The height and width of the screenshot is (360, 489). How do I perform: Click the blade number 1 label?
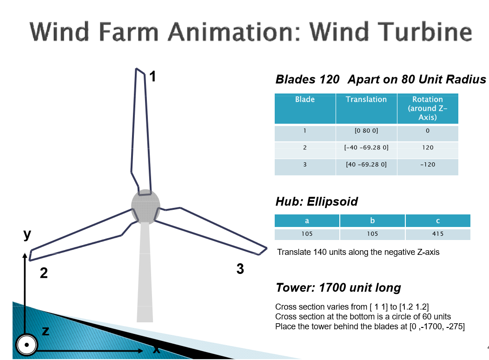(152, 76)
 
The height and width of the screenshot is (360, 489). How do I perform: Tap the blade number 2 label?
(44, 273)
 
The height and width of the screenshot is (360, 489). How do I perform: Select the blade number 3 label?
(240, 269)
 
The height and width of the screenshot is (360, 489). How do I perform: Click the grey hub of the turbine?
(145, 206)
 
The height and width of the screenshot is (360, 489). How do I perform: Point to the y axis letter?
(27, 234)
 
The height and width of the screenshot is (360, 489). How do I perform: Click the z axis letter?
(46, 331)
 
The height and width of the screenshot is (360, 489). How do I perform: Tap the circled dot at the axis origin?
(27, 345)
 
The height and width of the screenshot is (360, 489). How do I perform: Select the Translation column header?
(366, 99)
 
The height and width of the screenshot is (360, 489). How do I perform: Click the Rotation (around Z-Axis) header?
(428, 108)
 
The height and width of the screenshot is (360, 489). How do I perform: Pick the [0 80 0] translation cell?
(366, 131)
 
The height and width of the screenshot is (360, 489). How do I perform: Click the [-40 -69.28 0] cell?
(366, 147)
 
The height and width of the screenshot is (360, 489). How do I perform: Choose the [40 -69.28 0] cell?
(366, 164)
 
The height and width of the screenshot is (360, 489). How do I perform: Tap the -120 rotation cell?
(428, 164)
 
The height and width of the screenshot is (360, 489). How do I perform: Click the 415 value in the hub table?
(438, 233)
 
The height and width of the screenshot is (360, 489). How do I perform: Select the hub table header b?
(372, 220)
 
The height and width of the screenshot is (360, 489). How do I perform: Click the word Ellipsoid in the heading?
(332, 201)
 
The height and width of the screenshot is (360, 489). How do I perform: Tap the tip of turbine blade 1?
(136, 68)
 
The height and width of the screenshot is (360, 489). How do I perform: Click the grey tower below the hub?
(145, 272)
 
